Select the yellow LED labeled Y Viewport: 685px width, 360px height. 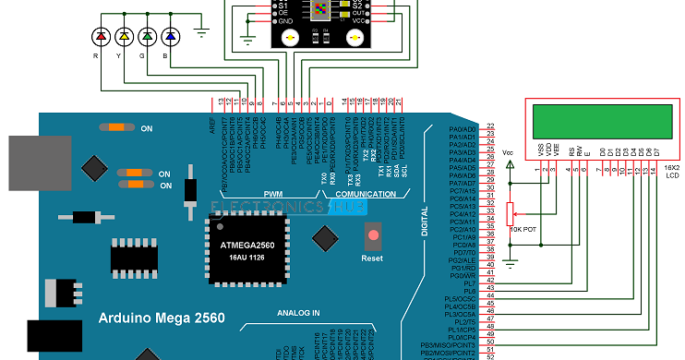(123, 36)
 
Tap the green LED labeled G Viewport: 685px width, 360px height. (146, 36)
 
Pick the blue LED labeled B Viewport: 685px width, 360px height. (169, 36)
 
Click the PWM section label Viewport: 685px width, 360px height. (273, 194)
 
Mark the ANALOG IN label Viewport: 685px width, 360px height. (297, 312)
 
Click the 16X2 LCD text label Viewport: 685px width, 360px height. (670, 173)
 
